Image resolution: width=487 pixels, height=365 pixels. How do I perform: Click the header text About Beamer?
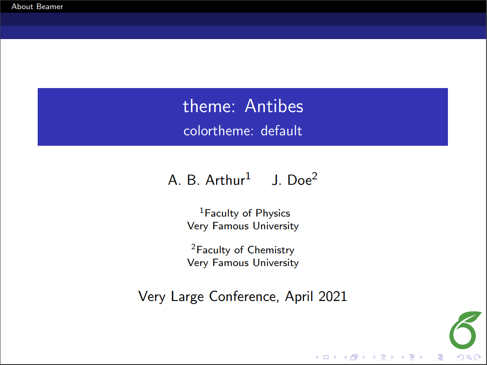click(37, 6)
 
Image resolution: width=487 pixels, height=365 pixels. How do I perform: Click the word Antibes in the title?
click(274, 106)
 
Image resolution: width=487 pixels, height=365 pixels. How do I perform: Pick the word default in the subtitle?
click(281, 131)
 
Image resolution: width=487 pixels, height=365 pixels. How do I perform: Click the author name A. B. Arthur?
click(206, 180)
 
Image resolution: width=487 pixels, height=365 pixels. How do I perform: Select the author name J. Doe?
click(291, 180)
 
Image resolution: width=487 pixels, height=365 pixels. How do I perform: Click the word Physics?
click(273, 213)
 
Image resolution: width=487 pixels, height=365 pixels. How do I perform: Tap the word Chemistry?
click(271, 250)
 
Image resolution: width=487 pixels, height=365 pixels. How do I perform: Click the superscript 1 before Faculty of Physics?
click(202, 211)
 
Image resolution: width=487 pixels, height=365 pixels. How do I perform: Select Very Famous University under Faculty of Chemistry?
click(243, 263)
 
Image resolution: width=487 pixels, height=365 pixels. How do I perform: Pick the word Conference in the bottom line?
click(243, 297)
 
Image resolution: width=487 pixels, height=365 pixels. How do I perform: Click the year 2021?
click(333, 297)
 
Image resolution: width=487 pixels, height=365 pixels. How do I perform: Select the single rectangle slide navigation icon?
click(326, 357)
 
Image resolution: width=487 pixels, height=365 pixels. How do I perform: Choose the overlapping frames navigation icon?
click(353, 357)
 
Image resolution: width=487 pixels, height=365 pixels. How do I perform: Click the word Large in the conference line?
click(188, 297)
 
